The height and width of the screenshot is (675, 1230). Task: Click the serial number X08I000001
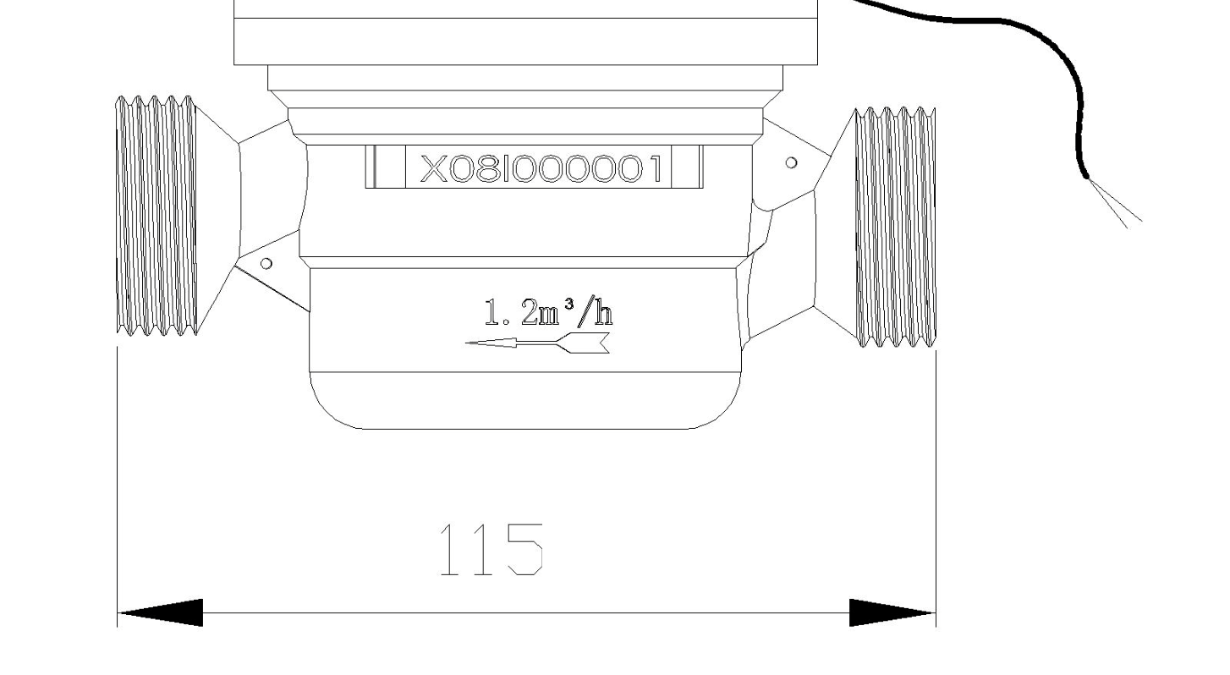pyautogui.click(x=540, y=168)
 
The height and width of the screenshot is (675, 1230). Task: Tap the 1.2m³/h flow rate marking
pyautogui.click(x=548, y=311)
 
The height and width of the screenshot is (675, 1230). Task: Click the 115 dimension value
pyautogui.click(x=491, y=549)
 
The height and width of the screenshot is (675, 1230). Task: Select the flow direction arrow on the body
pyautogui.click(x=537, y=343)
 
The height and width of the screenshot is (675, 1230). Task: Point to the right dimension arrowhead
pyautogui.click(x=892, y=612)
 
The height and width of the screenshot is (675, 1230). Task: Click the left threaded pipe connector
pyautogui.click(x=156, y=216)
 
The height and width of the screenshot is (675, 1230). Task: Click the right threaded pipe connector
pyautogui.click(x=896, y=228)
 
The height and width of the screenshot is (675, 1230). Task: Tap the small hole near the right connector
pyautogui.click(x=791, y=162)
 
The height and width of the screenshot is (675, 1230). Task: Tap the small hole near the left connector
pyautogui.click(x=266, y=264)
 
